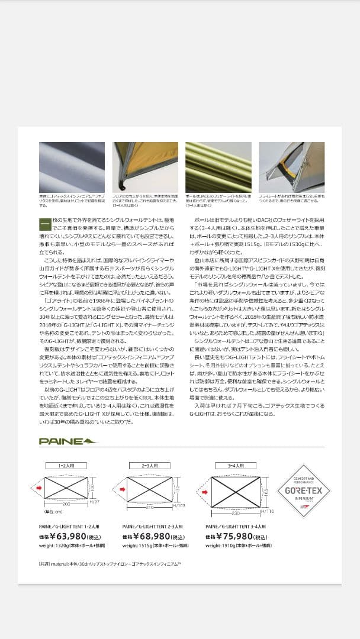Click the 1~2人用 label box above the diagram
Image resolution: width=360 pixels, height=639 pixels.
click(x=65, y=466)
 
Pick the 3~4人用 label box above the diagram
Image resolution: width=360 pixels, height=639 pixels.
click(x=235, y=466)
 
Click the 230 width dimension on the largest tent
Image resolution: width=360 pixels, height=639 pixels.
click(x=236, y=512)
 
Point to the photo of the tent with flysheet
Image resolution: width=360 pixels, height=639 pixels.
click(x=291, y=167)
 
